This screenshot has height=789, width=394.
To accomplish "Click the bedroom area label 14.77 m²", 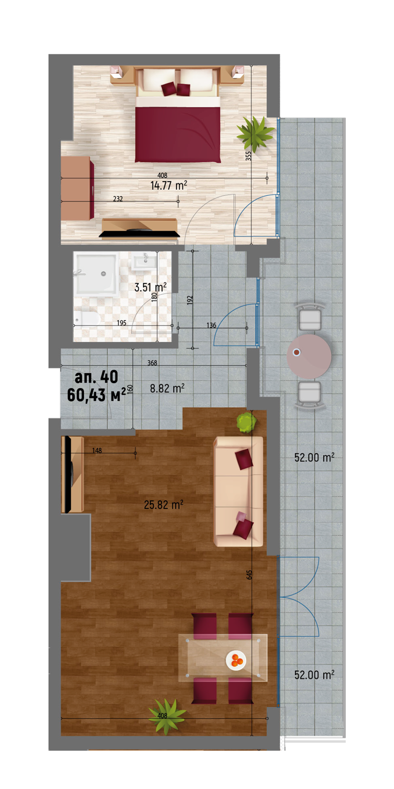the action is pyautogui.click(x=169, y=185).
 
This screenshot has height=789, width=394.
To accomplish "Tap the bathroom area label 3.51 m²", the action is pyautogui.click(x=150, y=287).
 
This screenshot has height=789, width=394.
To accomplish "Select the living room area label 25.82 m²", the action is pyautogui.click(x=164, y=505).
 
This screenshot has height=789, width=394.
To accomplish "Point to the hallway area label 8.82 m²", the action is pyautogui.click(x=167, y=388).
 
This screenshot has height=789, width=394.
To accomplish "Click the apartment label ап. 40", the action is pyautogui.click(x=97, y=377).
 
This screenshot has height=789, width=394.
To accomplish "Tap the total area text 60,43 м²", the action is pyautogui.click(x=97, y=395).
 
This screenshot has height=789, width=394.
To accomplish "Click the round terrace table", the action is pyautogui.click(x=309, y=357).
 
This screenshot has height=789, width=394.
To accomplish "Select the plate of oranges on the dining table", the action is pyautogui.click(x=236, y=660).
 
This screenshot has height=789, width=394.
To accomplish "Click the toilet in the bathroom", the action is pyautogui.click(x=87, y=319).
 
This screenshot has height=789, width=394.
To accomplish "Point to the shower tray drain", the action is pyautogui.click(x=103, y=273).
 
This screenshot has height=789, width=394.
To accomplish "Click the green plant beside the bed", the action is pyautogui.click(x=255, y=133).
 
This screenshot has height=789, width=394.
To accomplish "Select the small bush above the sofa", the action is pyautogui.click(x=246, y=422).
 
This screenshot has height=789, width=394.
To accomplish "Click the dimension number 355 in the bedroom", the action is pyautogui.click(x=248, y=156).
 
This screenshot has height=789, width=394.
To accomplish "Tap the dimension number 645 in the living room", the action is pyautogui.click(x=249, y=575).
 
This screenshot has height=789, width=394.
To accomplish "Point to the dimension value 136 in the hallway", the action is pyautogui.click(x=211, y=325).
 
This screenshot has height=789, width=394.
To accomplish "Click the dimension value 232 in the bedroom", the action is pyautogui.click(x=118, y=199).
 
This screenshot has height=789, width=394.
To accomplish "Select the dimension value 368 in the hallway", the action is pyautogui.click(x=152, y=363).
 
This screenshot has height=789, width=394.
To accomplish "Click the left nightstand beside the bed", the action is pyautogui.click(x=116, y=72).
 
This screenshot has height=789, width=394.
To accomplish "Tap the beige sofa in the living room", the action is pyautogui.click(x=238, y=492).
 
